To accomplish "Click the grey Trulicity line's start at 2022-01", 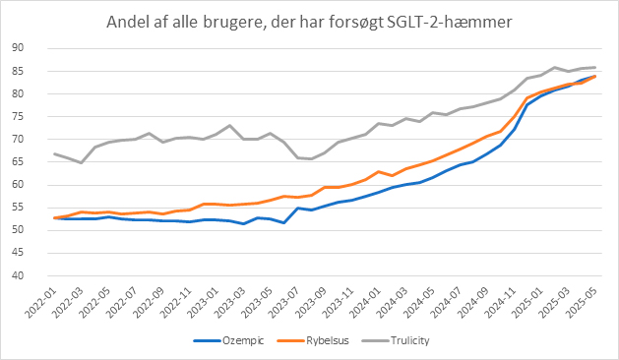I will pos(54,153).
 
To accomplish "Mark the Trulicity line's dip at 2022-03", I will pos(81,162).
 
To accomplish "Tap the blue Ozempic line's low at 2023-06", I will pos(283,223).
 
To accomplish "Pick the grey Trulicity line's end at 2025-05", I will pos(594,67).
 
